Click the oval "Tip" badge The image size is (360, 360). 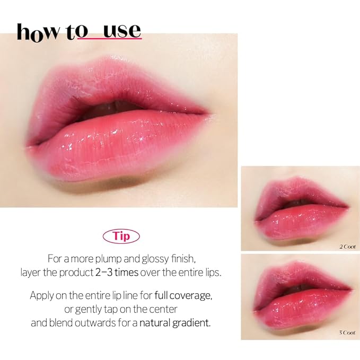(x=122, y=235)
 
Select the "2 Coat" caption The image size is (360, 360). (x=347, y=247)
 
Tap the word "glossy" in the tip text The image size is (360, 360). (x=168, y=259)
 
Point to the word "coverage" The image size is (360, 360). (x=193, y=295)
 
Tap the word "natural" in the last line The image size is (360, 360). (x=156, y=322)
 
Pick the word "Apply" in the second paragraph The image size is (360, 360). (x=42, y=295)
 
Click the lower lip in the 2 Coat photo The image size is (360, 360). (x=302, y=223)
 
